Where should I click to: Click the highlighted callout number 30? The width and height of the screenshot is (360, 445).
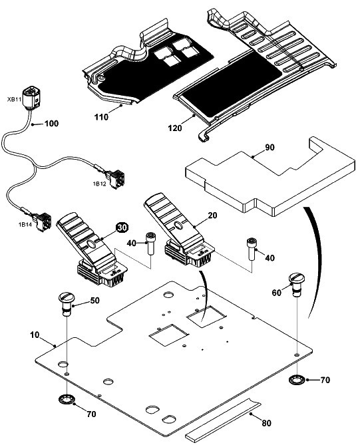pyautogui.click(x=122, y=227)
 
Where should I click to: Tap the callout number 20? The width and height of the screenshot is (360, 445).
pyautogui.click(x=212, y=216)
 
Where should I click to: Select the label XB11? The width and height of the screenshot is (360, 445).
pyautogui.click(x=14, y=99)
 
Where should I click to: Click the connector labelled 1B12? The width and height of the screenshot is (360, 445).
pyautogui.click(x=117, y=178)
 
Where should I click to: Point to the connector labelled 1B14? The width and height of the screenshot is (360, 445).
pyautogui.click(x=43, y=222)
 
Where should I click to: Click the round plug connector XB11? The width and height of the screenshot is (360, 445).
pyautogui.click(x=31, y=97)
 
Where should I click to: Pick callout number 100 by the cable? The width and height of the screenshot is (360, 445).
pyautogui.click(x=52, y=124)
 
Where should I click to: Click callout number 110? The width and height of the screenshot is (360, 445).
pyautogui.click(x=101, y=117)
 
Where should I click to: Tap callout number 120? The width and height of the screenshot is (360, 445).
pyautogui.click(x=175, y=128)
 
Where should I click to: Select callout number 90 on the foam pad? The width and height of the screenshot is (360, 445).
pyautogui.click(x=270, y=147)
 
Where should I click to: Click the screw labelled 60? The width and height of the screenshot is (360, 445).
pyautogui.click(x=296, y=285)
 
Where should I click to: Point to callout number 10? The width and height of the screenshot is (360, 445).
pyautogui.click(x=35, y=335)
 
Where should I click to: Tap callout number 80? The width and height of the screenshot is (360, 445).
pyautogui.click(x=266, y=423)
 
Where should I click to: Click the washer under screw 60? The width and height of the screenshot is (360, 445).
pyautogui.click(x=296, y=379)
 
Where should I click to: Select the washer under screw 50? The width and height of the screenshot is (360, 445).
pyautogui.click(x=67, y=398)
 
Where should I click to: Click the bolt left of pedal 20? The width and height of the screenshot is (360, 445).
pyautogui.click(x=150, y=243)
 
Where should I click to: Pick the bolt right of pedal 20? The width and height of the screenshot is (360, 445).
pyautogui.click(x=252, y=249)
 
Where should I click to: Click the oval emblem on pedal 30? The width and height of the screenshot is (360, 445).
pyautogui.click(x=91, y=243)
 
